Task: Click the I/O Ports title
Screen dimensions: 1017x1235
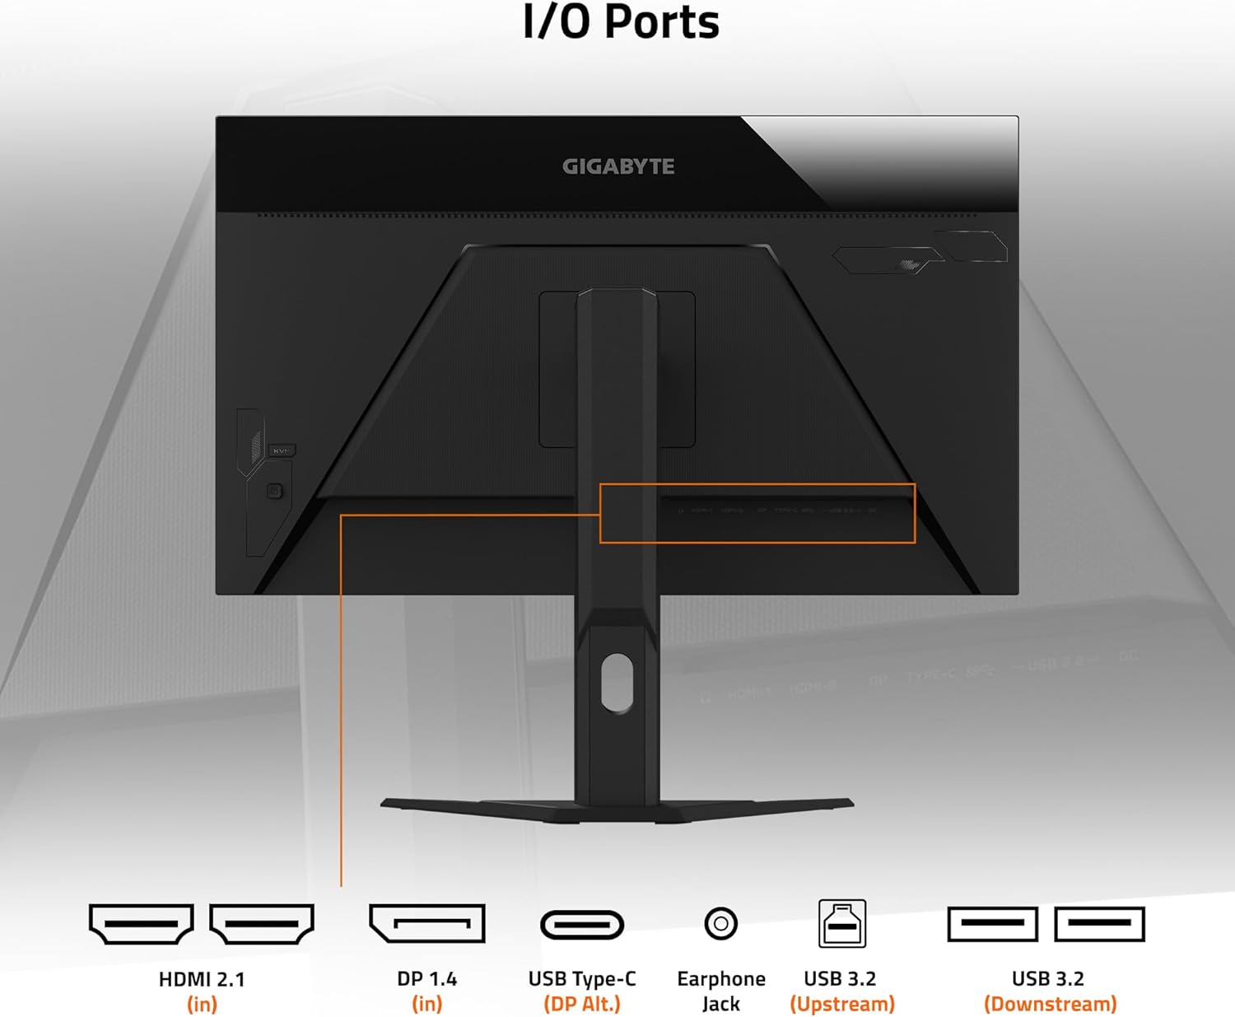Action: [x=621, y=22]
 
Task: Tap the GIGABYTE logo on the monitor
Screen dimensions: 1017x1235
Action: [x=618, y=166]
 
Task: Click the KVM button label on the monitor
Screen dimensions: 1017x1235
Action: [x=282, y=450]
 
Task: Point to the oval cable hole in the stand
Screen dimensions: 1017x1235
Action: [x=617, y=682]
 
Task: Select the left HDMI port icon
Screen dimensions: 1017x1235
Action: [x=142, y=924]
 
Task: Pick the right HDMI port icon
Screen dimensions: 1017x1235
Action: [x=262, y=924]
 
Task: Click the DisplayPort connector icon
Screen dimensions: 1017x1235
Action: [x=426, y=924]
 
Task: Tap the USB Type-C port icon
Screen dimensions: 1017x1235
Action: [x=582, y=925]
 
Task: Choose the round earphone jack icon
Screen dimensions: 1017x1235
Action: [x=720, y=924]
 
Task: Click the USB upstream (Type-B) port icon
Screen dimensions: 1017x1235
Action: [x=841, y=924]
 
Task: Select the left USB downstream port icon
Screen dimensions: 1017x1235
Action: [x=992, y=924]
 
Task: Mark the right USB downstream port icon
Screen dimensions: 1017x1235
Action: [x=1099, y=924]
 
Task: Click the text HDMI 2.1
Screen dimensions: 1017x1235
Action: [x=202, y=979]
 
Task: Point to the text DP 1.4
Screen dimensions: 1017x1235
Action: [x=426, y=979]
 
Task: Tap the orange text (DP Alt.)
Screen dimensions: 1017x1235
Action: [x=582, y=1004]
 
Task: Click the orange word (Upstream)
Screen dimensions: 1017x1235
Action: [x=841, y=1004]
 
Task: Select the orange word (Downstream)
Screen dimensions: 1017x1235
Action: [x=1050, y=1004]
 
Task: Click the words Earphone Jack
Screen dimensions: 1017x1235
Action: [x=720, y=991]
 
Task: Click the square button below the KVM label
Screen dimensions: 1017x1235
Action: [x=275, y=491]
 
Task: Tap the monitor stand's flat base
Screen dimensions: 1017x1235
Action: [x=617, y=809]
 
